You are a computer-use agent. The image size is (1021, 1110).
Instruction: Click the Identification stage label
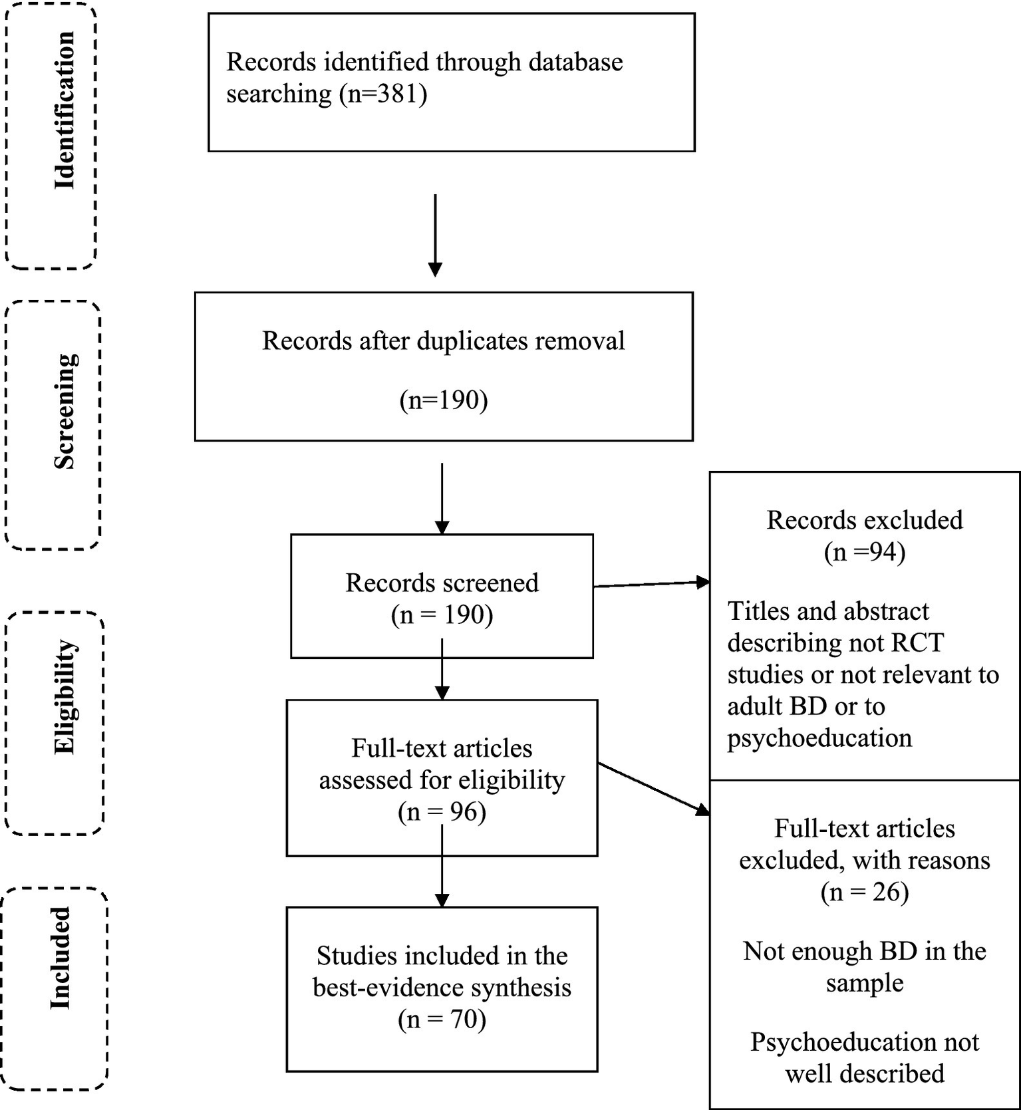pos(65,110)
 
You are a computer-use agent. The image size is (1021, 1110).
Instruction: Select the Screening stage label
pos(65,412)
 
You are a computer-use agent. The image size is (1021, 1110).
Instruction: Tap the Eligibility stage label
pos(65,696)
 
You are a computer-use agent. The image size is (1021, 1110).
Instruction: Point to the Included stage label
pos(61,958)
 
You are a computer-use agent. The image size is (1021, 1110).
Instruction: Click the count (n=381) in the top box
pos(383,93)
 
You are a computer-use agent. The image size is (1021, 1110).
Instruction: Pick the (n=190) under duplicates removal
pos(444,400)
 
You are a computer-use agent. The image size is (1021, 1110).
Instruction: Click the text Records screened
pos(442,583)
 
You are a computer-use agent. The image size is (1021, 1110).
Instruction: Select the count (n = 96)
pos(442,812)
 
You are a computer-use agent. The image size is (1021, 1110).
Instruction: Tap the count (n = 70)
pos(442,1019)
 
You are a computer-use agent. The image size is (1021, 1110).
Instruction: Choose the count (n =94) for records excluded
pos(864,552)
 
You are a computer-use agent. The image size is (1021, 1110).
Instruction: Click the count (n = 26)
pos(864,892)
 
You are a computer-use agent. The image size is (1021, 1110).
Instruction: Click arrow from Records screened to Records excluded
pos(651,584)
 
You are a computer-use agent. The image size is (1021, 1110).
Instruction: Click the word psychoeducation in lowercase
pos(819,738)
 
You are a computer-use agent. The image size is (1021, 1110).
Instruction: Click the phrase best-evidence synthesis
pos(442,988)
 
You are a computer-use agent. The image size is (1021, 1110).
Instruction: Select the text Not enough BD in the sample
pos(864,967)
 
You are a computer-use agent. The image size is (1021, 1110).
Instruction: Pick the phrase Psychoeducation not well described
pos(864,1057)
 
